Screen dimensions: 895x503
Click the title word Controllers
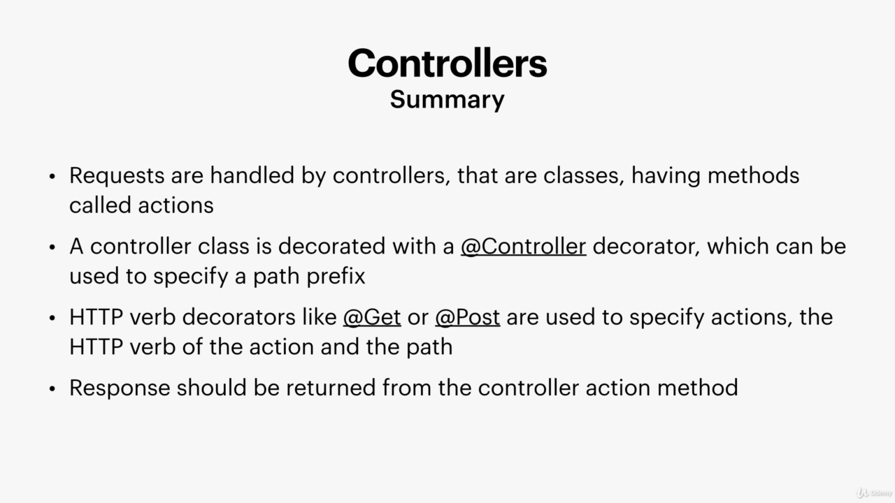tap(447, 63)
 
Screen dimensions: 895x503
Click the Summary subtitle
tap(447, 100)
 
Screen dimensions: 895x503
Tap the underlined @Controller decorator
tap(524, 246)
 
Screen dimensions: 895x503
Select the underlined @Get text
tap(372, 317)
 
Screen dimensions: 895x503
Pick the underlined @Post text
tap(468, 317)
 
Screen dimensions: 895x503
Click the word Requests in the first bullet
tap(117, 176)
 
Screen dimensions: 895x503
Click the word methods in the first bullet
tap(754, 175)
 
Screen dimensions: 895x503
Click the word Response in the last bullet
tap(120, 388)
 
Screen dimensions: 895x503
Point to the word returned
tap(331, 388)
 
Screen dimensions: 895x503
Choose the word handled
tap(252, 175)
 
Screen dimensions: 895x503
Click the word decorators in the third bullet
tap(238, 317)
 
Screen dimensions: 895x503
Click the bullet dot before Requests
tap(52, 177)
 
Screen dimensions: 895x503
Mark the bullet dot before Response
tap(52, 388)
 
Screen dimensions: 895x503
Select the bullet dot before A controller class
tap(52, 247)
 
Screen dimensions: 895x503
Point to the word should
tap(211, 388)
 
